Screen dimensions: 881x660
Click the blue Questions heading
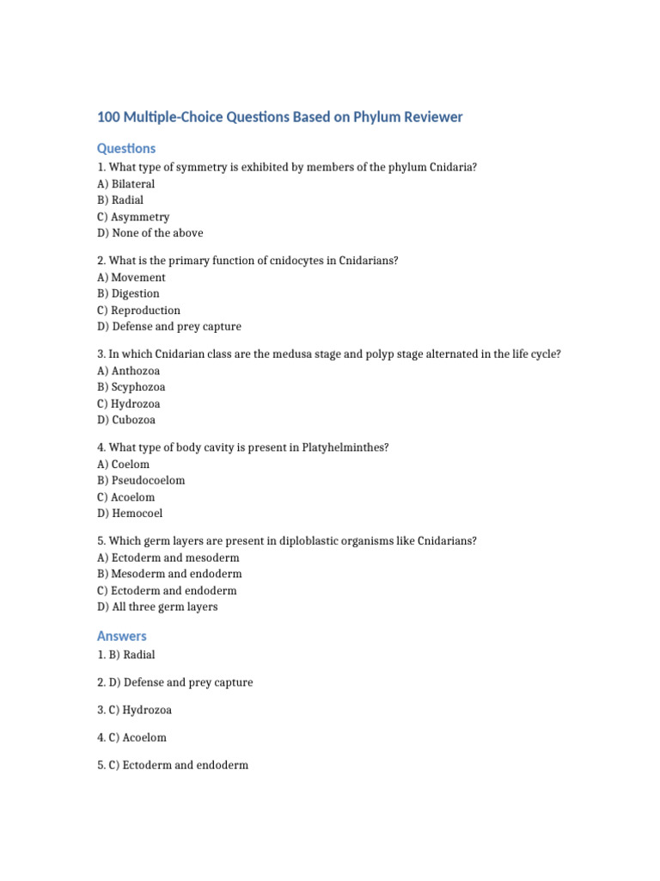pyautogui.click(x=126, y=148)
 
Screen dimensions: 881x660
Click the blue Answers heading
pyautogui.click(x=122, y=636)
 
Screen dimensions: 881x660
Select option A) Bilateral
pyautogui.click(x=125, y=184)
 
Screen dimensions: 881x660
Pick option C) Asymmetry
pyautogui.click(x=133, y=217)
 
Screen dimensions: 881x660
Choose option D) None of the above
pyautogui.click(x=150, y=233)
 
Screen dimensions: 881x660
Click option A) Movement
pyautogui.click(x=131, y=278)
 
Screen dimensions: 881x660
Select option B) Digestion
pyautogui.click(x=129, y=293)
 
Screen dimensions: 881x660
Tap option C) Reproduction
pyautogui.click(x=138, y=311)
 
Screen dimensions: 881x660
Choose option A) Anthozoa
pyautogui.click(x=129, y=371)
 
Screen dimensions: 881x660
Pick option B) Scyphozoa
pyautogui.click(x=131, y=387)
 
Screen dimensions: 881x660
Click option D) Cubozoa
pyautogui.click(x=126, y=421)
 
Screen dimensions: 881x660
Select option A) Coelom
pyautogui.click(x=124, y=465)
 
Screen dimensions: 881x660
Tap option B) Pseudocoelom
pyautogui.click(x=141, y=481)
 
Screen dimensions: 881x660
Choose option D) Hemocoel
pyautogui.click(x=130, y=514)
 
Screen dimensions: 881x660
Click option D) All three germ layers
pyautogui.click(x=157, y=607)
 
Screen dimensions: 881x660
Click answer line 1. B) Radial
pyautogui.click(x=126, y=655)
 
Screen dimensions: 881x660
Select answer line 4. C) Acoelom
pyautogui.click(x=131, y=737)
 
